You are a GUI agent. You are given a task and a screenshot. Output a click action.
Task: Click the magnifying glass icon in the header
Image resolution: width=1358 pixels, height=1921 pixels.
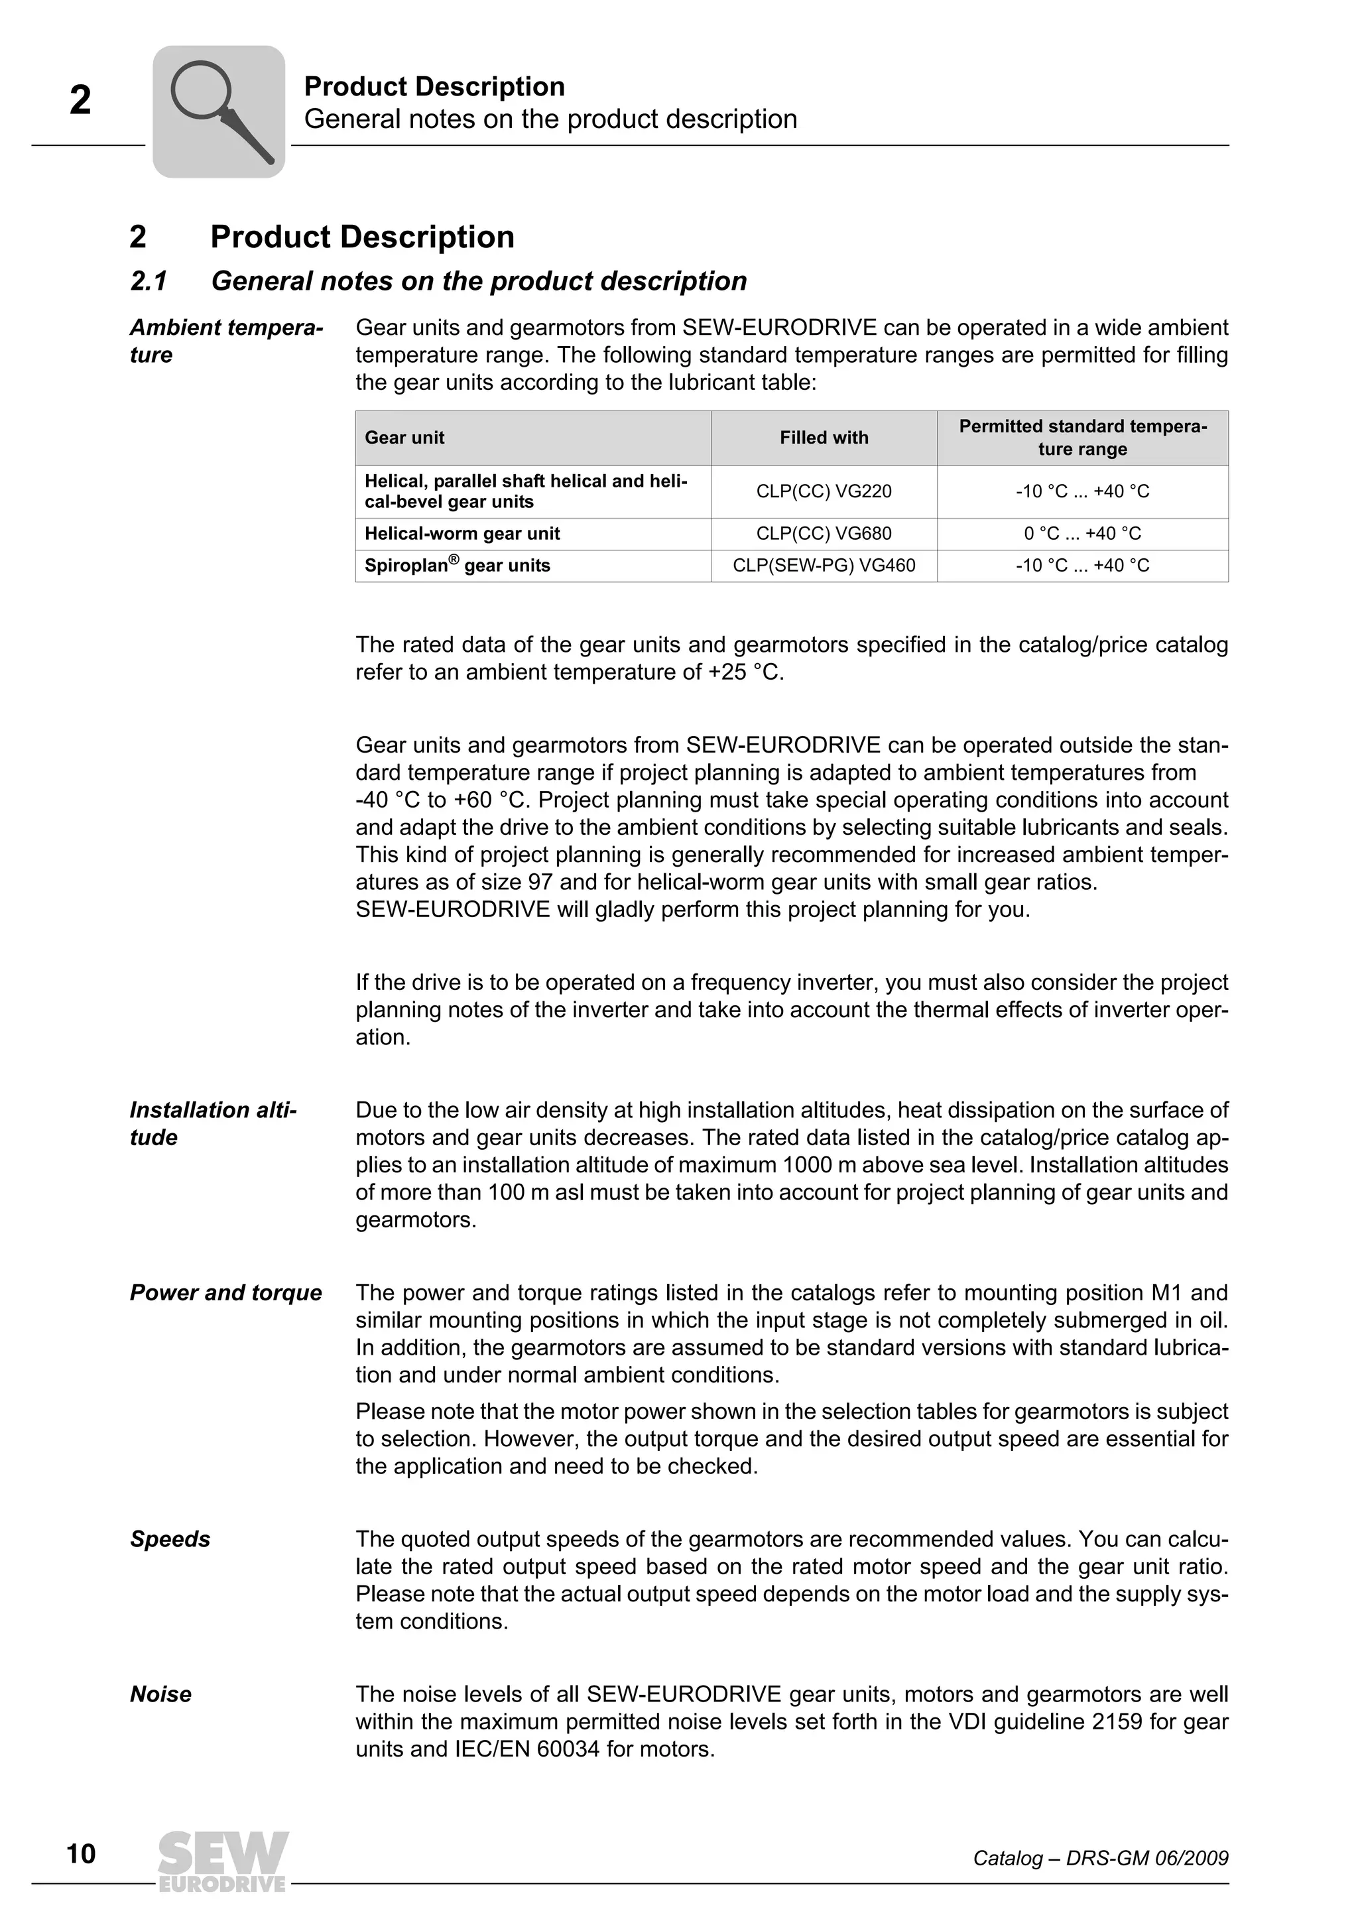pos(219,111)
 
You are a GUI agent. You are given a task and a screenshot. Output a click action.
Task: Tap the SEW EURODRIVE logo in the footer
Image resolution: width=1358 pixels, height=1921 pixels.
pos(223,1861)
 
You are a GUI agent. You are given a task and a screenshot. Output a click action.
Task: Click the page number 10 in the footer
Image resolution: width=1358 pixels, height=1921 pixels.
pos(81,1854)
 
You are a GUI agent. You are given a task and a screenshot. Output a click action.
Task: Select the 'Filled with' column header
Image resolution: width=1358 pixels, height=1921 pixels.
pos(824,438)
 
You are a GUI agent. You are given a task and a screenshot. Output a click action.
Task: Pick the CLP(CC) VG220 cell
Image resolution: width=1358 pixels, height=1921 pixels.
pos(824,491)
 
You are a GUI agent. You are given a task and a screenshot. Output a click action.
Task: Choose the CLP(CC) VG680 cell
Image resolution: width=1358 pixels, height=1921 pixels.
pos(824,534)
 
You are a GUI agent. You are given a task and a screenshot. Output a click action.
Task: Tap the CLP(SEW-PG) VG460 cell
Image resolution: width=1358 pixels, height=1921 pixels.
pos(824,566)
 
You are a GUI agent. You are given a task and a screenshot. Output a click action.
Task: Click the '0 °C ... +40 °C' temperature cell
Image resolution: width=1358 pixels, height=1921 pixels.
pos(1082,534)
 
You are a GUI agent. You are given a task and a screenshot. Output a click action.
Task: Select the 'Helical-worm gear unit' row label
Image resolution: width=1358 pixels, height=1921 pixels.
pos(462,534)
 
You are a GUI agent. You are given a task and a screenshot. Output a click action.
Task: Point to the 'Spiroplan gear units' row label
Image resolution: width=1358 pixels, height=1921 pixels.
pos(457,566)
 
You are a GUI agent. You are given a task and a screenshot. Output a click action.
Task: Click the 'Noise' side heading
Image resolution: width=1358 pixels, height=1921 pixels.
pos(160,1694)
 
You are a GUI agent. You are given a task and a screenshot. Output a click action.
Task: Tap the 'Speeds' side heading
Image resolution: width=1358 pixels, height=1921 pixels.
pos(170,1540)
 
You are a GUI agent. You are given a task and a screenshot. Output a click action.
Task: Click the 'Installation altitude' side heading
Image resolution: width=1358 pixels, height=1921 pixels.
pos(213,1124)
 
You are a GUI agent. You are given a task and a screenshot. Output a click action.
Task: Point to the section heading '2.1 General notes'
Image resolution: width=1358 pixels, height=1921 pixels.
pos(438,281)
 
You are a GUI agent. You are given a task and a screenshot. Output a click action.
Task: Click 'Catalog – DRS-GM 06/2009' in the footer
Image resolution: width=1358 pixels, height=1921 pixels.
pos(1100,1858)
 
